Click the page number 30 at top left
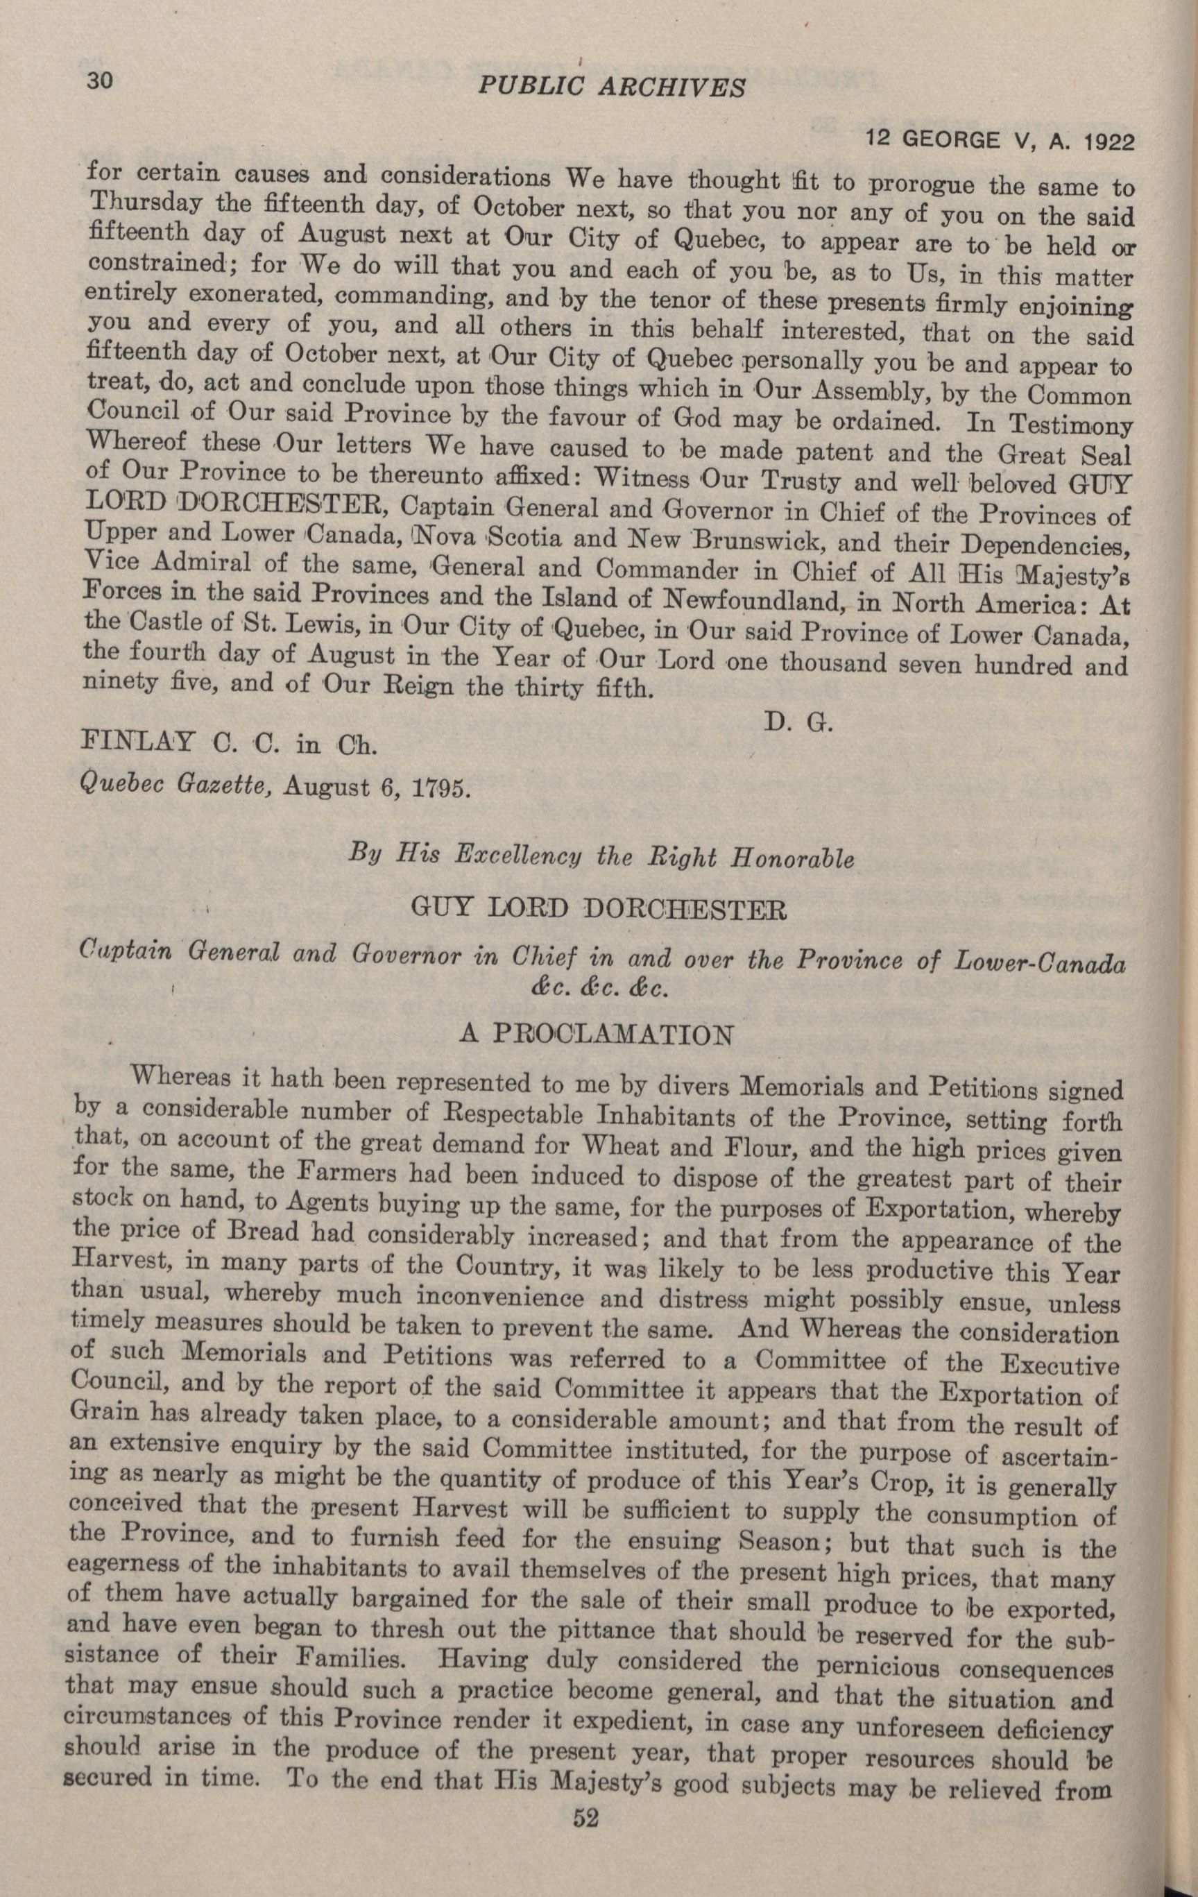point(98,81)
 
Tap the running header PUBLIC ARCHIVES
point(610,86)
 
